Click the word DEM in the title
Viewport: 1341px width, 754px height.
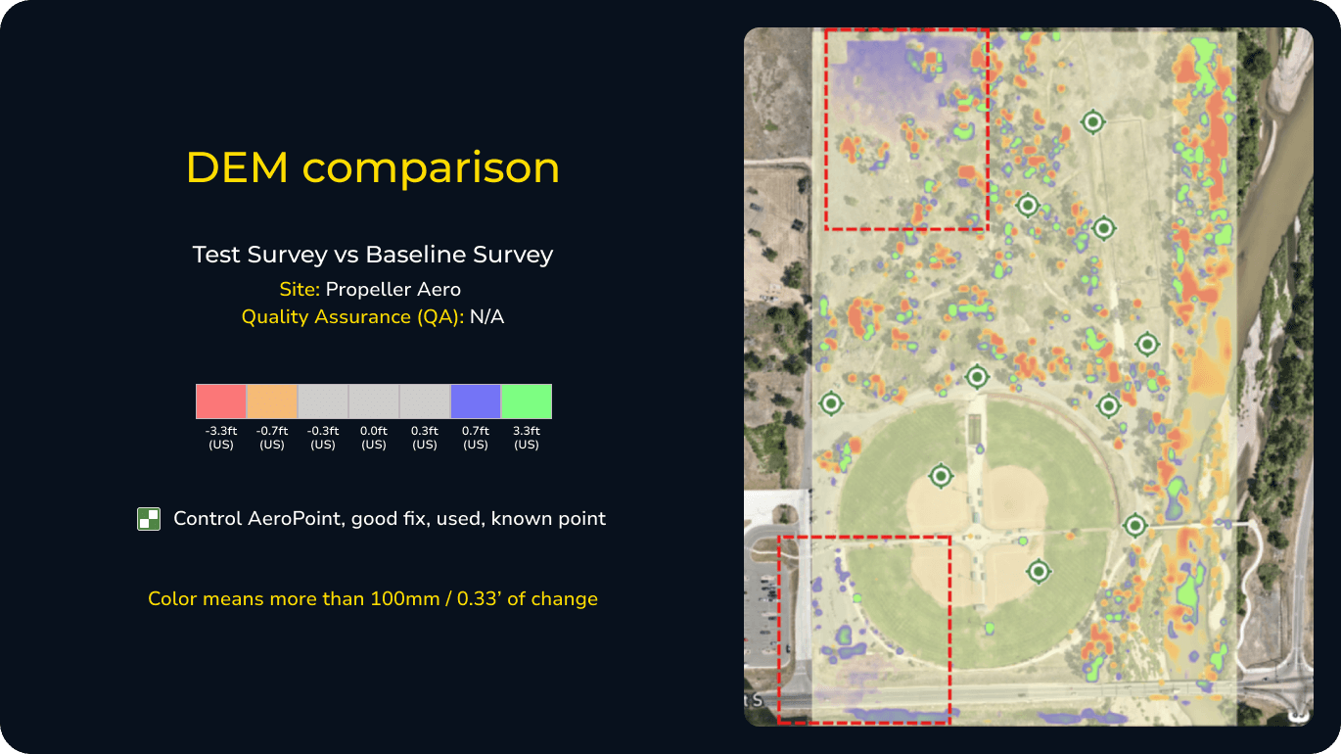pos(238,167)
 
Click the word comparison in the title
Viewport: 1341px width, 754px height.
pos(431,167)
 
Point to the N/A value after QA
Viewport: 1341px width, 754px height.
pos(486,316)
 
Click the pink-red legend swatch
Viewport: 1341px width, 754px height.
pos(221,401)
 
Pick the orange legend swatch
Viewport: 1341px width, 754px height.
pos(272,401)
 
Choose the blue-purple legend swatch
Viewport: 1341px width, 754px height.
pos(476,401)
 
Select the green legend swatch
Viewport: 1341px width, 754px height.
pos(527,401)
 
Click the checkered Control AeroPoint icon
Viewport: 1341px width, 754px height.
pos(149,519)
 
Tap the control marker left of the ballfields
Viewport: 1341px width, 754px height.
pos(831,402)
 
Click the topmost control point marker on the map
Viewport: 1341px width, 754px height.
pos(1092,121)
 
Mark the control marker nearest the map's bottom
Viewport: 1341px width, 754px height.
pos(1039,570)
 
